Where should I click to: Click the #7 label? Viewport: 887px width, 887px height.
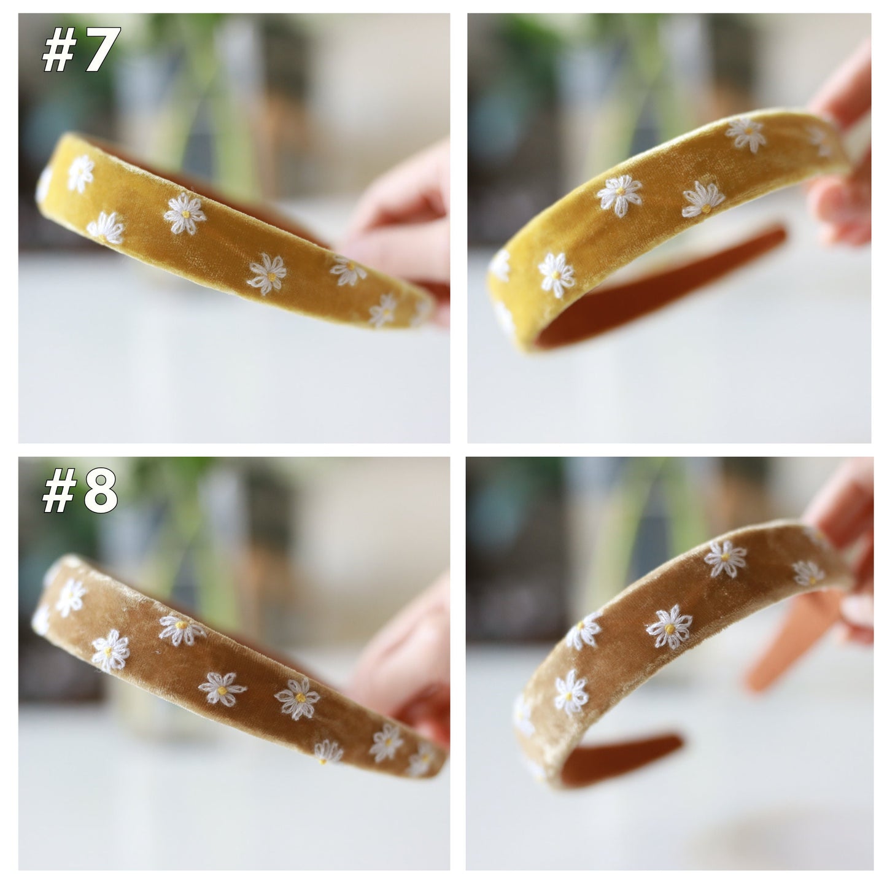[x=82, y=49]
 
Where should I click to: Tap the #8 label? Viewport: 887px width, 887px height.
[x=80, y=490]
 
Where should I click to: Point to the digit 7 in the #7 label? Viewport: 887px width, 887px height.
[x=102, y=49]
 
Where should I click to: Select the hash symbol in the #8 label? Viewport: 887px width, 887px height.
[x=59, y=492]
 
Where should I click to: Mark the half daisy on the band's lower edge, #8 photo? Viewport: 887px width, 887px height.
[x=328, y=752]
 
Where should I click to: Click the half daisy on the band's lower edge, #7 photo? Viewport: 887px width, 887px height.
[x=106, y=228]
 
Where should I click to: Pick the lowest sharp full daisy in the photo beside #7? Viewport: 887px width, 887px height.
[x=557, y=275]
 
